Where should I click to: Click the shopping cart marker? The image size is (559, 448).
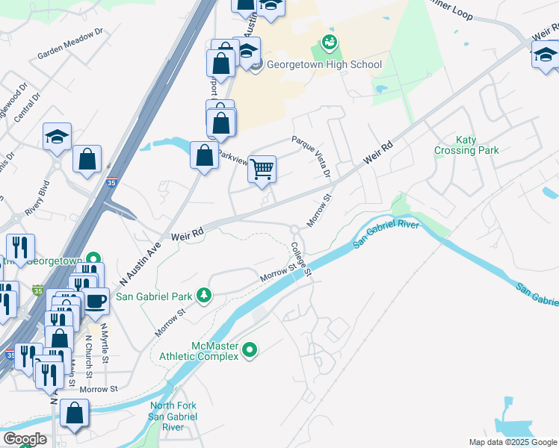pyautogui.click(x=262, y=169)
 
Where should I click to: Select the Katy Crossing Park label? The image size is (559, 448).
pyautogui.click(x=466, y=145)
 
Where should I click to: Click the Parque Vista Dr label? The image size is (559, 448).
pyautogui.click(x=312, y=156)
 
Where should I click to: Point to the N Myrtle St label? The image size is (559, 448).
pyautogui.click(x=105, y=343)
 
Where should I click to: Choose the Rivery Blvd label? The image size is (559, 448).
pyautogui.click(x=36, y=202)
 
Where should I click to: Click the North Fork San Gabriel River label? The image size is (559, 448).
pyautogui.click(x=173, y=417)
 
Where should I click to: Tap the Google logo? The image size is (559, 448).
pyautogui.click(x=24, y=439)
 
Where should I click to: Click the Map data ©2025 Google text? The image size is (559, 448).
pyautogui.click(x=512, y=442)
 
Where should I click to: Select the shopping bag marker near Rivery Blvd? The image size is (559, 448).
pyautogui.click(x=87, y=158)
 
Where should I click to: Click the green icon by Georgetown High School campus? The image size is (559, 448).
pyautogui.click(x=328, y=44)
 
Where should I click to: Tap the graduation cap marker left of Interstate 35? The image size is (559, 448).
pyautogui.click(x=57, y=137)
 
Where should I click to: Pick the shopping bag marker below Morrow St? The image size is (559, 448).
pyautogui.click(x=74, y=413)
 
